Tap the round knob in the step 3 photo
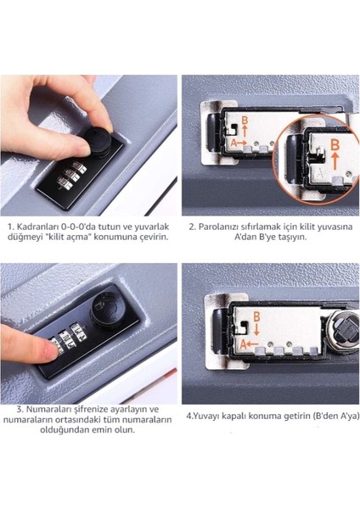click(x=105, y=310)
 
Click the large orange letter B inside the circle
click(x=335, y=144)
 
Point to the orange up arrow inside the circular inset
click(x=335, y=161)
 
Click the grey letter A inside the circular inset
click(x=320, y=174)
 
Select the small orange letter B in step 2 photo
click(x=245, y=120)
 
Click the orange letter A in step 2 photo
click(x=233, y=143)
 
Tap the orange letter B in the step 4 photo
click(x=256, y=316)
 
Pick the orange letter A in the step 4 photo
click(x=243, y=344)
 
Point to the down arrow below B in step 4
click(x=256, y=329)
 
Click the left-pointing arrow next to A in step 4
click(x=252, y=344)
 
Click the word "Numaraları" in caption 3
click(x=50, y=409)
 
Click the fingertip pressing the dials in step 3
click(x=52, y=352)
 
